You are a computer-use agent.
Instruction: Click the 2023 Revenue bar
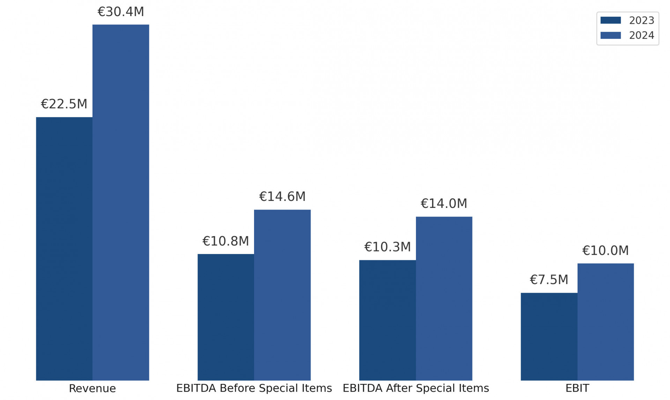click(x=64, y=248)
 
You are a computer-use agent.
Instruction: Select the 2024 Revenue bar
click(x=121, y=202)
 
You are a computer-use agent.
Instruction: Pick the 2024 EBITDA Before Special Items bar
click(x=282, y=295)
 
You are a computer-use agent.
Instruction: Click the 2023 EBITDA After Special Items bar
click(x=387, y=320)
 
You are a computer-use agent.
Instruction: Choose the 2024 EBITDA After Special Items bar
click(x=444, y=298)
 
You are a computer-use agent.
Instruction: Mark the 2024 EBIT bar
click(x=605, y=322)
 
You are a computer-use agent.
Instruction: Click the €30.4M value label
click(x=121, y=12)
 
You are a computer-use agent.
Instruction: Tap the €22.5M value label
click(x=64, y=104)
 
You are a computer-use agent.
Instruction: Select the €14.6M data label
click(x=282, y=197)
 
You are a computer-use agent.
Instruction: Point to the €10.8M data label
click(x=226, y=241)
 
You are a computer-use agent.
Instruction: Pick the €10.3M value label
click(x=387, y=247)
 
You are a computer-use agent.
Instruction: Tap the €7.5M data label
click(x=549, y=280)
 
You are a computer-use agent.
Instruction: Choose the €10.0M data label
click(x=605, y=250)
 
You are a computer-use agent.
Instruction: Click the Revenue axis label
click(x=92, y=388)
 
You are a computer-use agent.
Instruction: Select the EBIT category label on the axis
click(x=577, y=388)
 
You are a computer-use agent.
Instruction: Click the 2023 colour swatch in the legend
click(x=610, y=20)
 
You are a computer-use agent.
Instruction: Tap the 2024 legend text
click(x=641, y=35)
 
